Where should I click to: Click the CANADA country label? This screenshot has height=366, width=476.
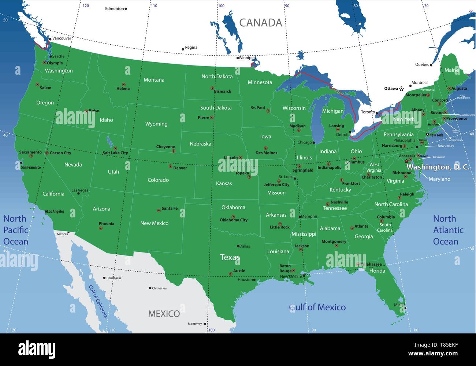[x=260, y=23]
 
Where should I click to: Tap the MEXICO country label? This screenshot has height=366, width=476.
[x=164, y=314]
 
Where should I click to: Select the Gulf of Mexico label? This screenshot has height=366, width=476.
[x=317, y=307]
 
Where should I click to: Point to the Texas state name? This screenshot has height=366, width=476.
[x=230, y=257]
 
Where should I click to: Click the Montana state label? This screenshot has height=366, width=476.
[x=154, y=80]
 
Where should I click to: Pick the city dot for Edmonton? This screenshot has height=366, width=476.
[x=126, y=9]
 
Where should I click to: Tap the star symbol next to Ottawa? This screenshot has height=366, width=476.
[x=401, y=89]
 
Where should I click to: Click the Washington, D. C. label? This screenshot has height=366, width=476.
[x=438, y=167]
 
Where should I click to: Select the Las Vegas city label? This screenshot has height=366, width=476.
[x=80, y=190]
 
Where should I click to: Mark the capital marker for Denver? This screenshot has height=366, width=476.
[x=170, y=166]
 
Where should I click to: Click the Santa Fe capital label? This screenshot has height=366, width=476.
[x=170, y=208]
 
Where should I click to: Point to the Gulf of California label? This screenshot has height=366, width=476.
[x=98, y=301]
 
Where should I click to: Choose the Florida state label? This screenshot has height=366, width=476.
[x=377, y=271]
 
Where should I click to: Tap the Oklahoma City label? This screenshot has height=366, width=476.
[x=233, y=220]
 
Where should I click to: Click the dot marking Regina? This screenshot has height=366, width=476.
[x=183, y=49]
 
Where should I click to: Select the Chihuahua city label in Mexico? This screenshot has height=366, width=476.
[x=159, y=288]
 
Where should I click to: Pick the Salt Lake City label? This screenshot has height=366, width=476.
[x=115, y=153]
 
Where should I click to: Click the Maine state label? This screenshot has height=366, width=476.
[x=451, y=70]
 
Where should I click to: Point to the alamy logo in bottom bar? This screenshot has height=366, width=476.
[x=37, y=350]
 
